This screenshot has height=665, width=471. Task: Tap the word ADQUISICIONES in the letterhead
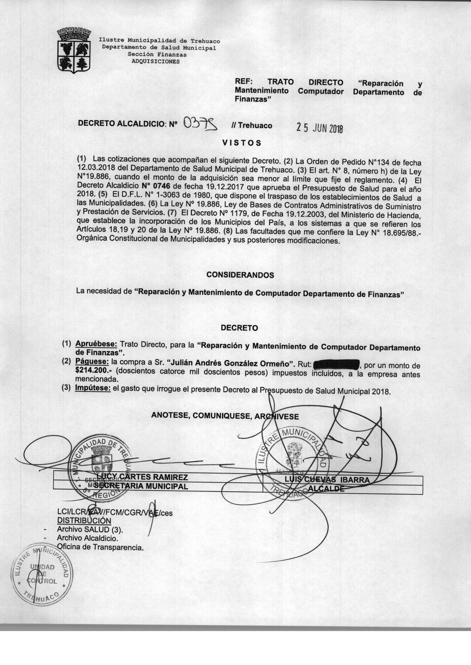(156, 62)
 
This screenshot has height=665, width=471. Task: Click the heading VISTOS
(242, 143)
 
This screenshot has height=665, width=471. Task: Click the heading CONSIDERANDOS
(240, 275)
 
